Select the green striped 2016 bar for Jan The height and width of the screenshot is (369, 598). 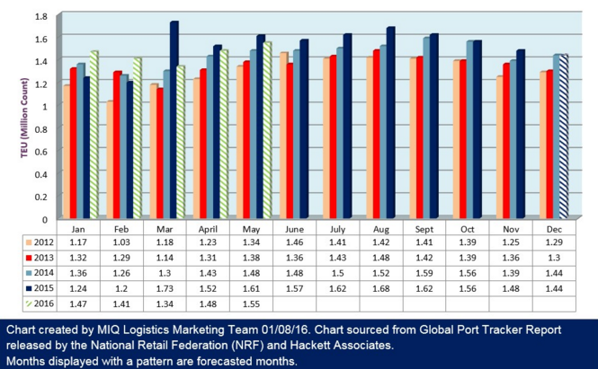point(94,135)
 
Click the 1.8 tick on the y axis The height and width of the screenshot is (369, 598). point(40,17)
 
